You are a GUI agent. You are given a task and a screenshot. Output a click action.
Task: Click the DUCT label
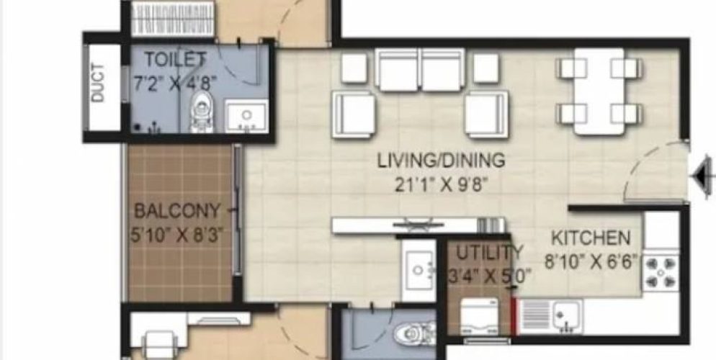click(x=98, y=83)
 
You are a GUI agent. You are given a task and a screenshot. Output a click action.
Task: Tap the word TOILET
click(x=175, y=59)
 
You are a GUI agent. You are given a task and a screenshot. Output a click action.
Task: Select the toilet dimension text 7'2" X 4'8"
click(x=175, y=84)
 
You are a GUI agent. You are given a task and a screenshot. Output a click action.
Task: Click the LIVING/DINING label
click(x=441, y=161)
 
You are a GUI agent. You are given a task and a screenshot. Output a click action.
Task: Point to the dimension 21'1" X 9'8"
click(x=441, y=185)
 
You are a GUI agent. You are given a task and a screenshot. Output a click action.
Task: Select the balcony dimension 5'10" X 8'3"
click(x=177, y=235)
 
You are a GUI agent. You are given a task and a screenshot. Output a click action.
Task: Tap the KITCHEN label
click(x=591, y=238)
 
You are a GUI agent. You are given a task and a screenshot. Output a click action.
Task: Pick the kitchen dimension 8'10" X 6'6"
click(x=591, y=261)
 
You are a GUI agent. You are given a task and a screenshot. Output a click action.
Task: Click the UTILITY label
click(x=489, y=253)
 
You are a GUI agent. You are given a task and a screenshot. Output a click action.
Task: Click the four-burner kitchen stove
click(x=661, y=273)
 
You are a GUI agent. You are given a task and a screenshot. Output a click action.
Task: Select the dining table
click(x=599, y=91)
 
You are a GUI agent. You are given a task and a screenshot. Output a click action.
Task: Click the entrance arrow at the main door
click(x=704, y=175)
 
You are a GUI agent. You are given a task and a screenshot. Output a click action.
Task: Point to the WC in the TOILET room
click(x=202, y=111)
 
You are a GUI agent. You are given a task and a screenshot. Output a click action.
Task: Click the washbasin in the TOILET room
click(x=246, y=117)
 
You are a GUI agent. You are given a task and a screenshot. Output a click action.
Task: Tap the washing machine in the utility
click(x=480, y=317)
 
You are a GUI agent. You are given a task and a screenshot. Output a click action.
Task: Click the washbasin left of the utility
click(x=419, y=270)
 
